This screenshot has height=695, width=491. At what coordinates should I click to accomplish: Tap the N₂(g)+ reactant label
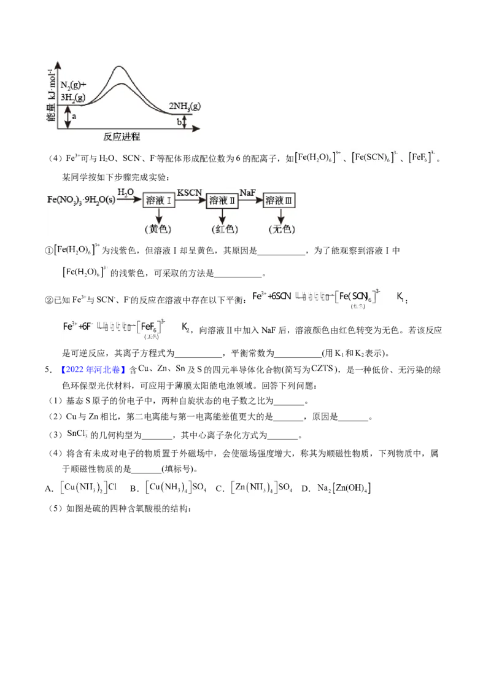(74, 85)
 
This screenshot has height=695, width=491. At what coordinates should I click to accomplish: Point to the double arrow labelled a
(68, 117)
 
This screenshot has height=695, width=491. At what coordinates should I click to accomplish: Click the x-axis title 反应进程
(122, 136)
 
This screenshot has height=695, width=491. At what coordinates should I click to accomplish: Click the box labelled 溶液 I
(160, 200)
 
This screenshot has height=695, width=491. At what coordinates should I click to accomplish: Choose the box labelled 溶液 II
(223, 200)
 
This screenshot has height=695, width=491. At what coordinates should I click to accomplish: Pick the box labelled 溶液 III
(280, 200)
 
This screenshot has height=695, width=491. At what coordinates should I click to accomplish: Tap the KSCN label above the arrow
(190, 192)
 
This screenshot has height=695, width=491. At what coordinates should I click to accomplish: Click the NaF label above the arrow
(248, 192)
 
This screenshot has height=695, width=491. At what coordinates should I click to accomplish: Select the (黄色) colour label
(159, 229)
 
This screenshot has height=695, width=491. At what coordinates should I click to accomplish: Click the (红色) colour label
(222, 229)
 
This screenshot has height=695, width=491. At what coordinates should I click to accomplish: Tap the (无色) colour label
(281, 229)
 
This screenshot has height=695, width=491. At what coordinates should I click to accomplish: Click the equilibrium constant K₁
(400, 297)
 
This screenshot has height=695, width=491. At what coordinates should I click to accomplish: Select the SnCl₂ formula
(76, 433)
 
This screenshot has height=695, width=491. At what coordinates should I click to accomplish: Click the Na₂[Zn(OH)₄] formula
(344, 488)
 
